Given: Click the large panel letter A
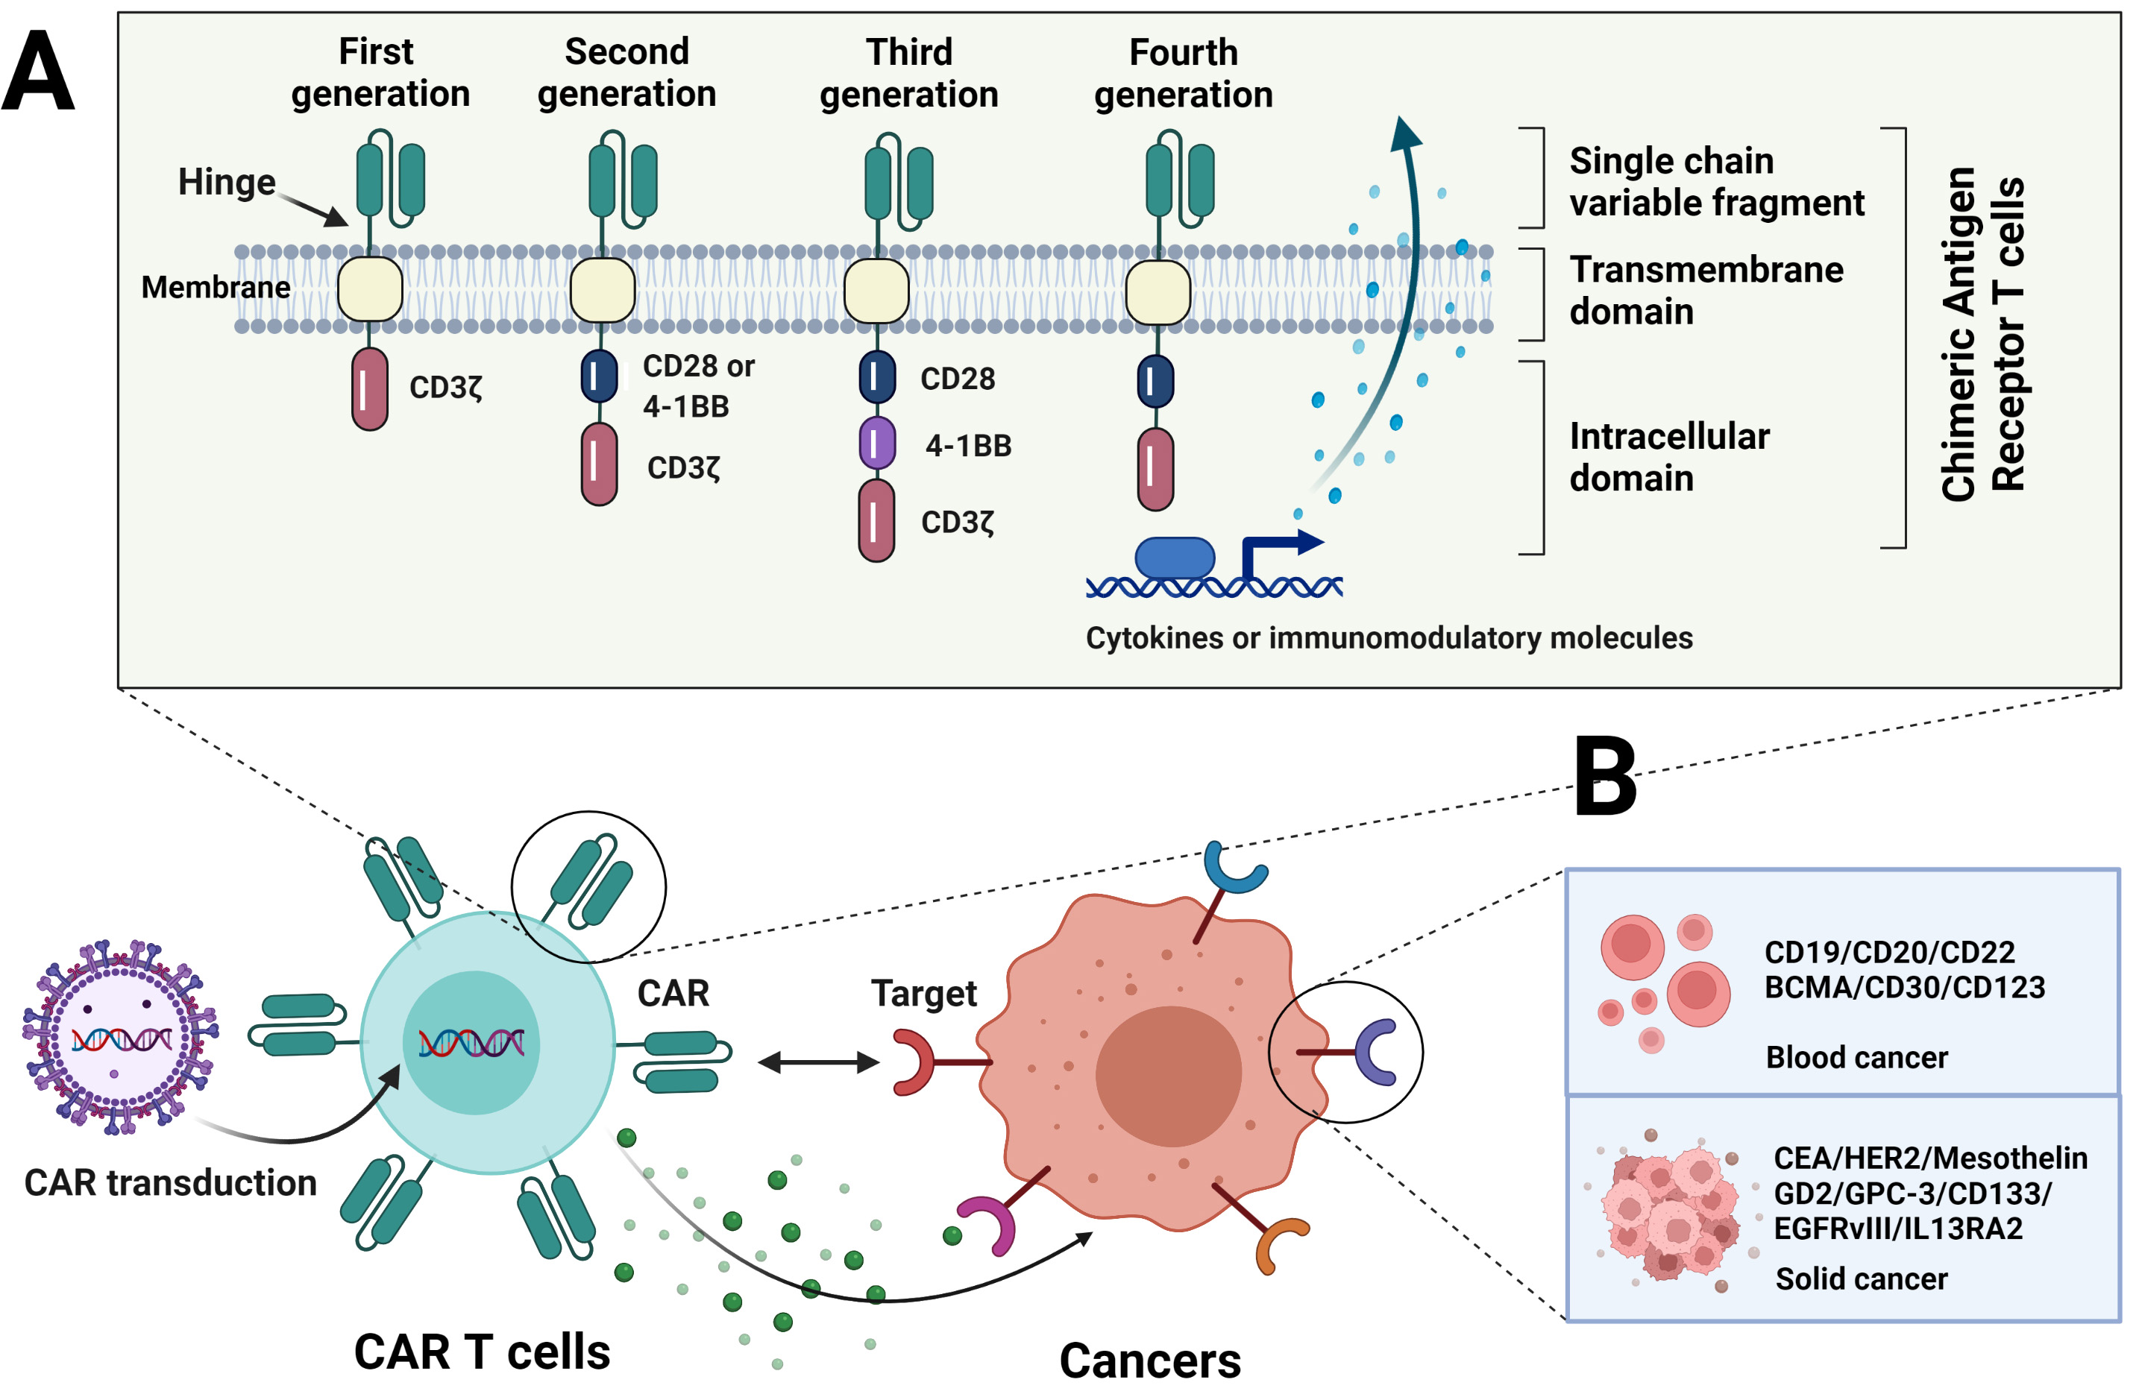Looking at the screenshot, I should [38, 72].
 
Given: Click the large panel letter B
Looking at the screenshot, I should [1605, 778].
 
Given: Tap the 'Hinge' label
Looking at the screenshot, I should [227, 183].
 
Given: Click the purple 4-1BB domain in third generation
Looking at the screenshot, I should [876, 443].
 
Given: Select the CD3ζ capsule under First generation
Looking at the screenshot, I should [369, 389].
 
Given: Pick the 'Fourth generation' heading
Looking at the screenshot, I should [1183, 74].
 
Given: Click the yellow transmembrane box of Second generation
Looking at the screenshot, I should [602, 290].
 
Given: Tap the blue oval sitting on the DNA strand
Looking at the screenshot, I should [1175, 558].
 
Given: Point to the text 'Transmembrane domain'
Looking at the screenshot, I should [1704, 290].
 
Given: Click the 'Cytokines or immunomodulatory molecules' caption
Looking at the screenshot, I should [1389, 638].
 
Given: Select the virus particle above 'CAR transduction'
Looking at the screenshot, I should [120, 1038].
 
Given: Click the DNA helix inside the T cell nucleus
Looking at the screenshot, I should [471, 1042].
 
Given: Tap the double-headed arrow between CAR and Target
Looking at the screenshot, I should [818, 1063].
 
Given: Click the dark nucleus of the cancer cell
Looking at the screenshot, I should [1169, 1076].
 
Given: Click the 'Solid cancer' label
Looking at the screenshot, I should [1860, 1278].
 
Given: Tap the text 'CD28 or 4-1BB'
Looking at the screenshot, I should [697, 386].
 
